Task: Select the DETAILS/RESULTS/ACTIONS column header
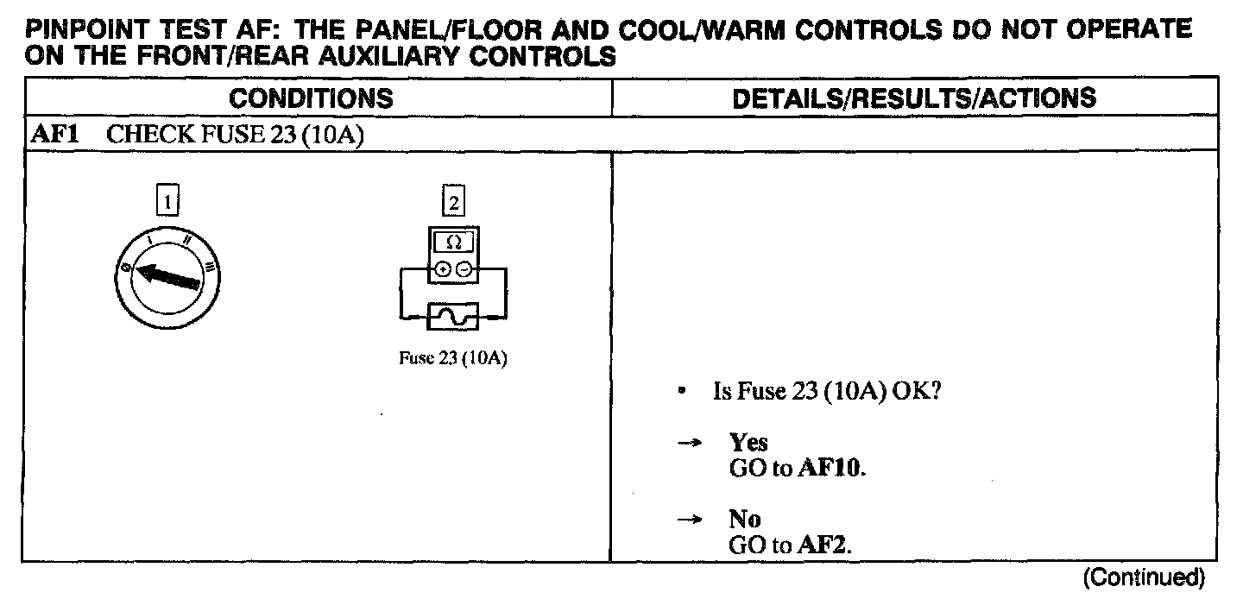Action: [x=914, y=98]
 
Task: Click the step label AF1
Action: [x=50, y=136]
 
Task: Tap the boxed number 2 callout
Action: [x=452, y=203]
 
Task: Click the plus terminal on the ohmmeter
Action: [x=443, y=269]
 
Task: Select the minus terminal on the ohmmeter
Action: [x=464, y=269]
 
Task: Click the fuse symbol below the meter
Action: [x=453, y=317]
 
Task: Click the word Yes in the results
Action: [x=748, y=443]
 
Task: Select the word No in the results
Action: [x=744, y=520]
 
